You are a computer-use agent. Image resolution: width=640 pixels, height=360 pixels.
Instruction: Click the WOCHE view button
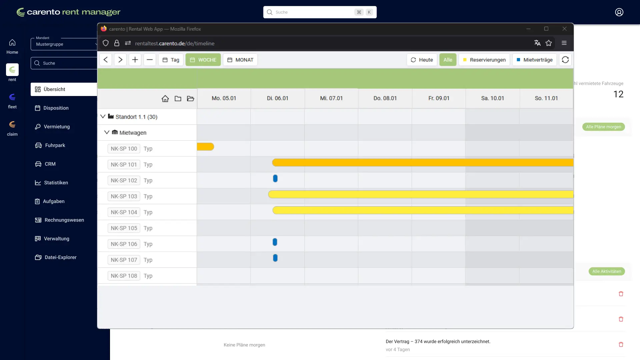click(x=203, y=60)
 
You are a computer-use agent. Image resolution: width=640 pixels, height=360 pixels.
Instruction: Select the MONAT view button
click(x=240, y=60)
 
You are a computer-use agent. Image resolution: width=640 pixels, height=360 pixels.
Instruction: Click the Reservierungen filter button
click(x=484, y=60)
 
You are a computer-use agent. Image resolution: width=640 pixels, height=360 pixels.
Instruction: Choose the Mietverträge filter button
click(x=534, y=60)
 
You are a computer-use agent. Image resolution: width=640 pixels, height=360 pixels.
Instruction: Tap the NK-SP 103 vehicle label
click(x=124, y=196)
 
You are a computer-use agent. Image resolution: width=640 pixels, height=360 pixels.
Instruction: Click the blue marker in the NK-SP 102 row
click(x=275, y=179)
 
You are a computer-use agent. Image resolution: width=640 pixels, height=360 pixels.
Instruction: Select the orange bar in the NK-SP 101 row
click(x=422, y=163)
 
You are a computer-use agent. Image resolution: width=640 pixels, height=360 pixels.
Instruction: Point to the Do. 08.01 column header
click(x=385, y=98)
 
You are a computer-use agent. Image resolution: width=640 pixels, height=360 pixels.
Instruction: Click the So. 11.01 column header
click(x=546, y=98)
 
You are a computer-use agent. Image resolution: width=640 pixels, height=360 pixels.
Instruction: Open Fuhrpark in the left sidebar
click(x=55, y=145)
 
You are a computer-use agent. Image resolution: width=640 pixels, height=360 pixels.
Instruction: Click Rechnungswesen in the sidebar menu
click(x=64, y=220)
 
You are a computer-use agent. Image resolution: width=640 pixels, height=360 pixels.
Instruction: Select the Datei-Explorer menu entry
click(x=60, y=257)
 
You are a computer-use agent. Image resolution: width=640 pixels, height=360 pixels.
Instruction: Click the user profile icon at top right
click(x=619, y=12)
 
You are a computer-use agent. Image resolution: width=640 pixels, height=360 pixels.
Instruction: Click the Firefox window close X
click(x=564, y=29)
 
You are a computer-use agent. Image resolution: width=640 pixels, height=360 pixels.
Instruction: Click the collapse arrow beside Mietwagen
click(x=107, y=132)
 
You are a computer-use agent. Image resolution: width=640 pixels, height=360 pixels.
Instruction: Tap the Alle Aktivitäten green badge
click(x=607, y=271)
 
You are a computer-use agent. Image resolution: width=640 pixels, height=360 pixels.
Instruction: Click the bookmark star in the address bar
click(x=549, y=43)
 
